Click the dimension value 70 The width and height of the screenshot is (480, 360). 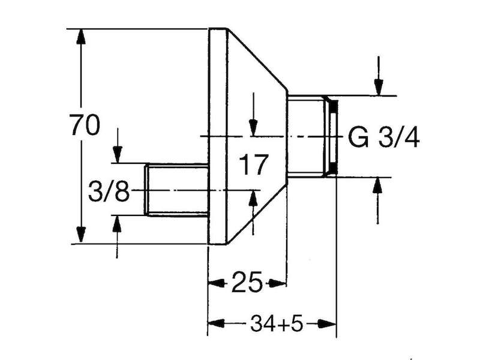click(x=85, y=125)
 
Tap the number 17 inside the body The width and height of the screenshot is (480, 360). click(x=253, y=164)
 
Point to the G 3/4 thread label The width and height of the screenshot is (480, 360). click(x=384, y=137)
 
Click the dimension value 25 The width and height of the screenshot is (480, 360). click(x=247, y=281)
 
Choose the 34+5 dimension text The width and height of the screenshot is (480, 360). click(x=277, y=323)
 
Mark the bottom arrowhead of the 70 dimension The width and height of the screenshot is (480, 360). click(x=80, y=235)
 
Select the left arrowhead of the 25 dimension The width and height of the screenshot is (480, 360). click(x=217, y=283)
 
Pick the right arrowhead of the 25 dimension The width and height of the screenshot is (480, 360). click(x=278, y=283)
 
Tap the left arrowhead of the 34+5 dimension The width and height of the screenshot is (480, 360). click(x=217, y=323)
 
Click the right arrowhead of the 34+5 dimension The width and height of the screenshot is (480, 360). click(x=327, y=323)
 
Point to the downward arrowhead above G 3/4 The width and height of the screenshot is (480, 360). click(x=379, y=87)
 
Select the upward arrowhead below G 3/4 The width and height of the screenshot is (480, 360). click(x=377, y=186)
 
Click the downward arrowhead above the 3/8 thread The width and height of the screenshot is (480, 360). click(x=118, y=155)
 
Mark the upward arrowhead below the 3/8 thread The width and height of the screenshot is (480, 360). click(x=116, y=224)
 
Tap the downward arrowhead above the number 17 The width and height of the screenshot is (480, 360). click(x=253, y=127)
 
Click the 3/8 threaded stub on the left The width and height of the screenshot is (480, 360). click(x=176, y=190)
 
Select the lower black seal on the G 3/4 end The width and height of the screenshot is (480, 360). click(x=334, y=168)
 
